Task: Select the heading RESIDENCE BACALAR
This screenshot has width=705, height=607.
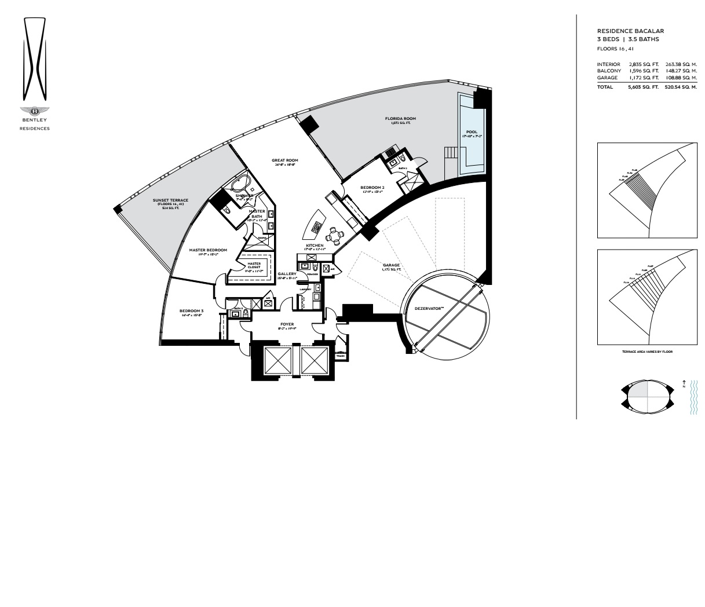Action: pos(630,31)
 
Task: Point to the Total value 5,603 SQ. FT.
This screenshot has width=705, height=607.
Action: pos(643,87)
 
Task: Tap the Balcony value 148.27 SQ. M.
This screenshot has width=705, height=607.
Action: pos(681,71)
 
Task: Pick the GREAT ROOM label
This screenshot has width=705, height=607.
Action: pos(284,160)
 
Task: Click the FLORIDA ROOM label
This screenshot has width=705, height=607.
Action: pos(400,119)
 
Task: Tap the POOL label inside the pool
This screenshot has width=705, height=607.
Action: pos(472,132)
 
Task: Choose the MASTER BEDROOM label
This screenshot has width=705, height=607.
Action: pos(207,250)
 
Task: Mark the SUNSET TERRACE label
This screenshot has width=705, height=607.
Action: pos(170,200)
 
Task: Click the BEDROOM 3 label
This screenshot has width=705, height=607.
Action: pos(191,311)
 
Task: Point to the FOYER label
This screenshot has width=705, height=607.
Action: pos(287,324)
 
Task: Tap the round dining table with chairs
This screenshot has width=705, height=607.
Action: pos(333,235)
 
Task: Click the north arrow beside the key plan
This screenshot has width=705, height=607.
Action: pos(684,383)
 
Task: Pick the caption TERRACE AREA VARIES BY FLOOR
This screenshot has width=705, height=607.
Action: pos(647,352)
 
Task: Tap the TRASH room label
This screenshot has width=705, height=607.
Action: pos(340,356)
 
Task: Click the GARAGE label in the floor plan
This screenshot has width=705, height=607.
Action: pos(391,266)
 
